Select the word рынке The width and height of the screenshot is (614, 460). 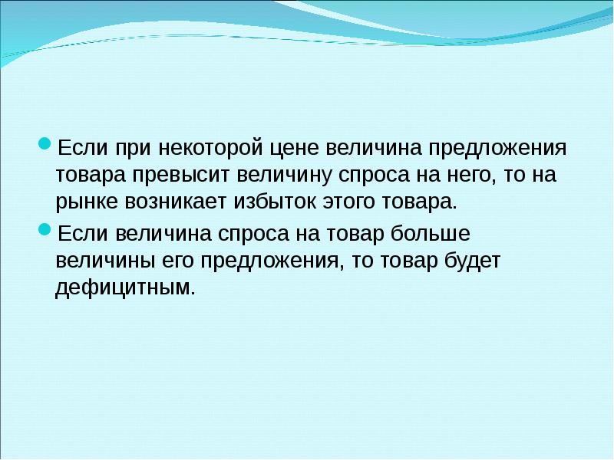(84, 203)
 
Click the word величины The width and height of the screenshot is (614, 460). (102, 261)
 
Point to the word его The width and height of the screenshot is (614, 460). (176, 261)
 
